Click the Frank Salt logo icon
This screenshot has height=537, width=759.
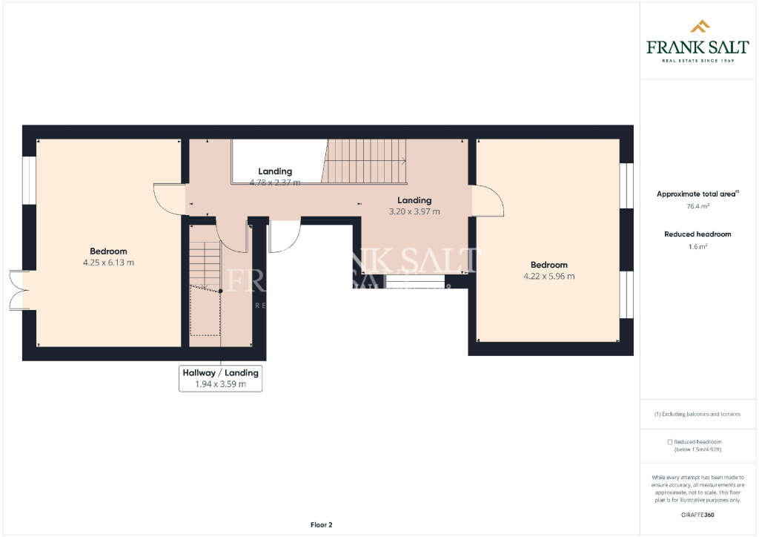pos(700,27)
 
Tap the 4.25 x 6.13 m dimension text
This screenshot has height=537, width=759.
pos(109,263)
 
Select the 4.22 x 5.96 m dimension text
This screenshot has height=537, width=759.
pos(548,276)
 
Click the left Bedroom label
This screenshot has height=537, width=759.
pos(109,251)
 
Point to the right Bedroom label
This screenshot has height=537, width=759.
pos(548,265)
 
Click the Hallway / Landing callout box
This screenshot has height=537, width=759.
pos(220,378)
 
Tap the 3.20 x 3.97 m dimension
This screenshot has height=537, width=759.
pos(414,211)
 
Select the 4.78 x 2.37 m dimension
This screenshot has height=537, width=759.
pos(275,182)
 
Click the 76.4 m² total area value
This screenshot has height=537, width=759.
pos(697,207)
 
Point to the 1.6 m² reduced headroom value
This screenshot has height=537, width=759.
pos(697,247)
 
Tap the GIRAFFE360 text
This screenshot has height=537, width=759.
pos(697,514)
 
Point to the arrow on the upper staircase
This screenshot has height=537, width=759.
pos(402,160)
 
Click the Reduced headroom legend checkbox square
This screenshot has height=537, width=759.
pos(670,441)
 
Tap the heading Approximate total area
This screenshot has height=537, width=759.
pos(697,194)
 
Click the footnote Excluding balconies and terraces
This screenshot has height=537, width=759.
pos(697,414)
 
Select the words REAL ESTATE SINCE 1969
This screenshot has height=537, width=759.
pos(697,60)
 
